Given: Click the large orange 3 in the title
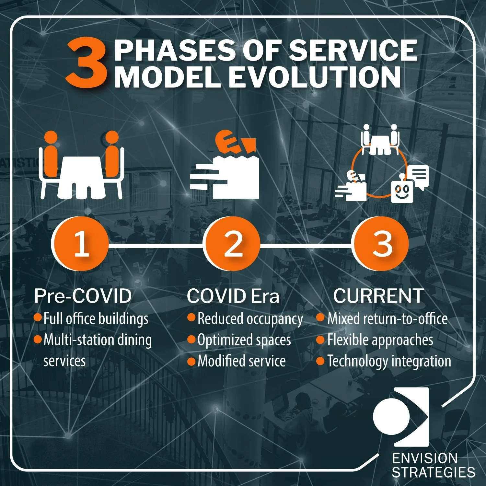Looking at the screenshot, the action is (x=87, y=63).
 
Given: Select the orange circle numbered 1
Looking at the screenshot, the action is (x=80, y=244).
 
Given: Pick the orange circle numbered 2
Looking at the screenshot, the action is (x=232, y=244).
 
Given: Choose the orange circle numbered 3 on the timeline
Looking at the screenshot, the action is (x=381, y=244).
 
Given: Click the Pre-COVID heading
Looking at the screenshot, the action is (x=83, y=296).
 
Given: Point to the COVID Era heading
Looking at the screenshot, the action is (x=233, y=296).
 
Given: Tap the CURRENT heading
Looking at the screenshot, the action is (x=378, y=296).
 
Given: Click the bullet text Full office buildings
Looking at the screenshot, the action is (x=96, y=319).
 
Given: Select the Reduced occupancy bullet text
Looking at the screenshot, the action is (x=250, y=319).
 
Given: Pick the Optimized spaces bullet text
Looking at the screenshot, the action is (x=244, y=340).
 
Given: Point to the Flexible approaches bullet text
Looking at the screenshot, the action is (x=380, y=340).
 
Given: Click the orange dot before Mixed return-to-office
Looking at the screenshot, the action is (x=320, y=318).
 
